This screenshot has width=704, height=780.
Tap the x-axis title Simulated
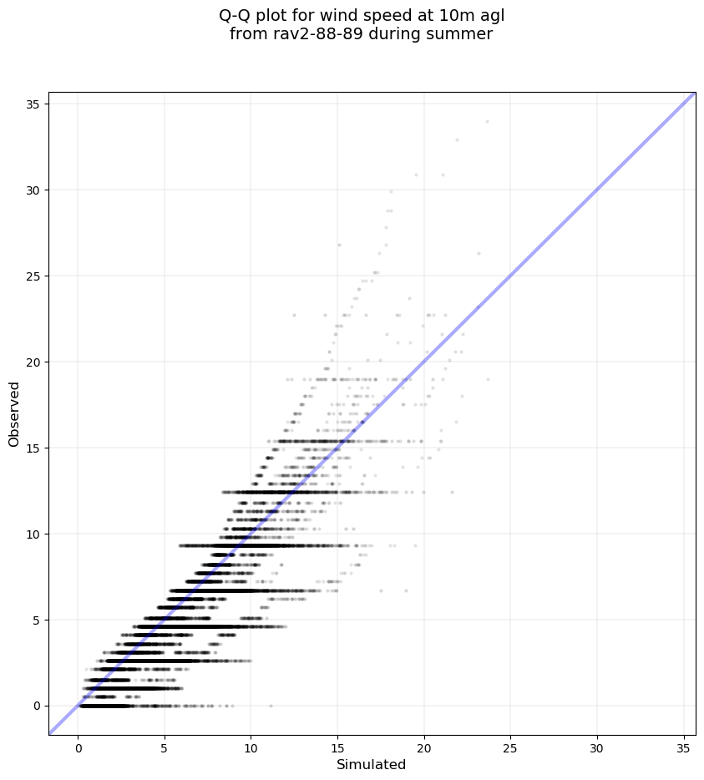coord(371,765)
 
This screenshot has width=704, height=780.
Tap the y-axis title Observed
coord(14,413)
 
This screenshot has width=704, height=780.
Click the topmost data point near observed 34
coord(487,121)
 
